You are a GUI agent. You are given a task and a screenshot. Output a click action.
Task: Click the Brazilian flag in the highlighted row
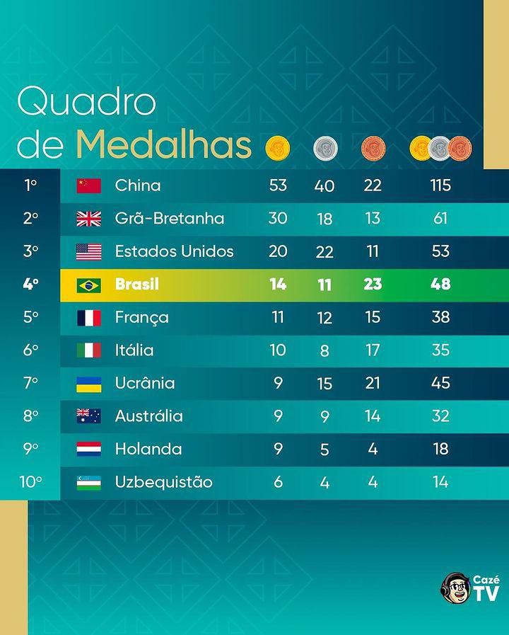89,285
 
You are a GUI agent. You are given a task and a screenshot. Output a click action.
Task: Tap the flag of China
89,185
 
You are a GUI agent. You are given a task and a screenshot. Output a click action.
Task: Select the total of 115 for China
440,185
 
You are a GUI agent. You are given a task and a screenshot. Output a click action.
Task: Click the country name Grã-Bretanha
170,219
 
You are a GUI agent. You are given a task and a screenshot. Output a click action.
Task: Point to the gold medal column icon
278,148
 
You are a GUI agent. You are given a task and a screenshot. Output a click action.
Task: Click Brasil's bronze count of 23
373,285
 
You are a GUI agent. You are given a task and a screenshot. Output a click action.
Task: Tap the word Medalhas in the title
163,144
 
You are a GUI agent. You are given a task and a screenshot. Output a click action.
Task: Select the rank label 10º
30,482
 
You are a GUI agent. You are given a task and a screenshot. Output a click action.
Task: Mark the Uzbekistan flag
89,483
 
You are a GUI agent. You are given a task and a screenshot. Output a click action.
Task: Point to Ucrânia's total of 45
440,383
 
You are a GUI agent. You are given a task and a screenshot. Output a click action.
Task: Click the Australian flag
89,416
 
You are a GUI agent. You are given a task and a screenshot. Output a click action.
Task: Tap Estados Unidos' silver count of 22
324,251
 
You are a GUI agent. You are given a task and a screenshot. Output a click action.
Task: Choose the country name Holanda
148,450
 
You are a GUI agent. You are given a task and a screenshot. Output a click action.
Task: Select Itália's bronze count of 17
373,350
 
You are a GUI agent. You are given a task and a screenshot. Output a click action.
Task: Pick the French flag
89,318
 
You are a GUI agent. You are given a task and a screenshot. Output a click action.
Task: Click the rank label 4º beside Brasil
30,285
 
